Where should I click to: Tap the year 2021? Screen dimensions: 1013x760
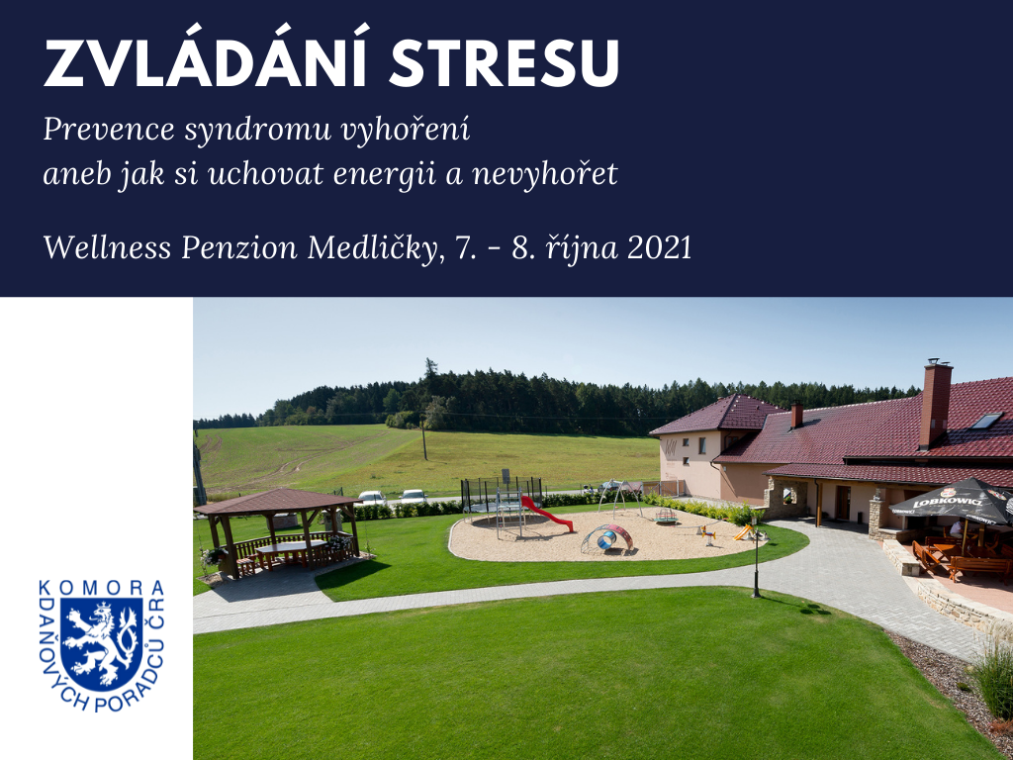coord(660,248)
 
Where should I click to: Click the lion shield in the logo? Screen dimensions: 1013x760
coord(102,643)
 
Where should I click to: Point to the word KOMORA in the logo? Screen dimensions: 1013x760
coord(102,587)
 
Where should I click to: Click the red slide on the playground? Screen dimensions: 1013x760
coord(546,514)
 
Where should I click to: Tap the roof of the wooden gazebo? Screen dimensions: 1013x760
coord(277,501)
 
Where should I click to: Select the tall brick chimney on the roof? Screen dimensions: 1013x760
coord(935,404)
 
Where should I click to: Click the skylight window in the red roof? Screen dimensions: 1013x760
coord(986,420)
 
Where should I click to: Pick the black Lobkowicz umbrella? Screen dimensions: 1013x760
coord(953,501)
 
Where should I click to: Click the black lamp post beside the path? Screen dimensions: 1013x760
coord(756,557)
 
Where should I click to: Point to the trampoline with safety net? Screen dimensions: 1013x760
coord(502,495)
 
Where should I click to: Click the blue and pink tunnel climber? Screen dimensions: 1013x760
coord(607,538)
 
